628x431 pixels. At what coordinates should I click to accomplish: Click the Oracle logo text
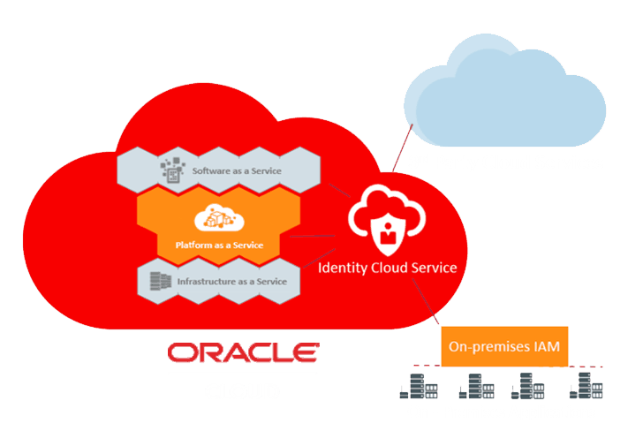243,352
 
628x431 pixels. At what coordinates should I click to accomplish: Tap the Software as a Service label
237,171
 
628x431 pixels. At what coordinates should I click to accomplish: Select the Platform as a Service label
219,246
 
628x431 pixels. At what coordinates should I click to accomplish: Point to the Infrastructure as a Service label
232,282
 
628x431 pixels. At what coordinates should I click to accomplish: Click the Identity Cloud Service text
387,268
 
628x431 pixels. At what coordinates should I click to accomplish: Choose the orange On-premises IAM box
504,346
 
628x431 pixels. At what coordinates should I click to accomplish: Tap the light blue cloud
504,90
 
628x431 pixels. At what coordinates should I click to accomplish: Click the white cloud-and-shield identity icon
387,220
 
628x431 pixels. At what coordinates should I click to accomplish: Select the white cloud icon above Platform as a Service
219,217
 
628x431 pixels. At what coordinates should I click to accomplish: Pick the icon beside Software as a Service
172,170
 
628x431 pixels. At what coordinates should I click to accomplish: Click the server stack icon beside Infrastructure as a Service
160,281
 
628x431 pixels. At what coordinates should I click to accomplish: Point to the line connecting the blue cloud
403,147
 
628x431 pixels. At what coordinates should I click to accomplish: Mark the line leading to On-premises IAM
426,301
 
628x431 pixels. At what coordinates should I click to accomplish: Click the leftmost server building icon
419,386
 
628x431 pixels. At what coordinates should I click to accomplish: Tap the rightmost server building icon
586,385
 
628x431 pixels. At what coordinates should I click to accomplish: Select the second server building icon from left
476,386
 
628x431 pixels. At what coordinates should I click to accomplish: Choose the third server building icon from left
528,386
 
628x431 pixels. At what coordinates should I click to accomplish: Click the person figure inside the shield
388,233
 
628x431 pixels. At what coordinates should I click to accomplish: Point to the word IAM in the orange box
547,346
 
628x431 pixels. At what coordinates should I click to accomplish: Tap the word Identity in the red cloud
343,268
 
